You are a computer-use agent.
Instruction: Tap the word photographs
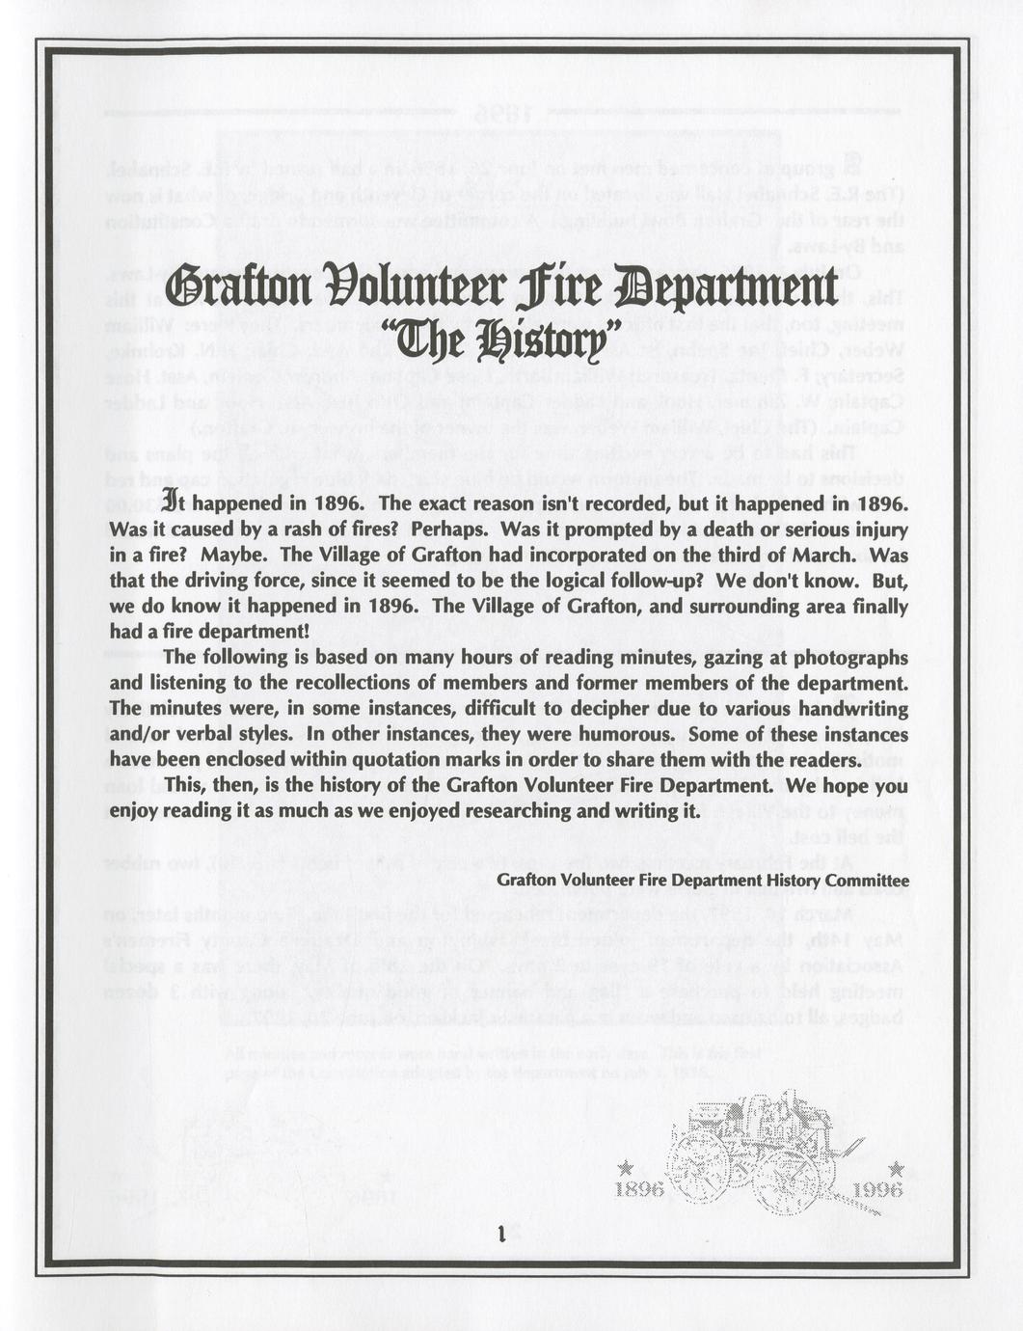tap(849, 658)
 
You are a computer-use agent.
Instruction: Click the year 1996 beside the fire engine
tap(878, 1189)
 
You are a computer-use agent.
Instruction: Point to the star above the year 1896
tap(626, 1169)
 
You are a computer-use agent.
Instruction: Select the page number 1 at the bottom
tap(502, 1232)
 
